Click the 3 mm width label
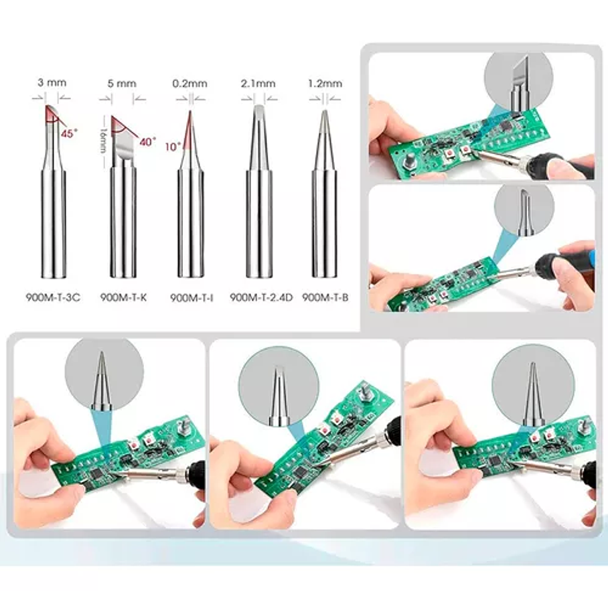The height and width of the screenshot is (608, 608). (52, 83)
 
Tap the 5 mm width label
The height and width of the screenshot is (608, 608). (122, 84)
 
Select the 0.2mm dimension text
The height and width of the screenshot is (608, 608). (189, 84)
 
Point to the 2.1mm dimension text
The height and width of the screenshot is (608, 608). (258, 84)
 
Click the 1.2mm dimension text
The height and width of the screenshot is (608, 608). (325, 84)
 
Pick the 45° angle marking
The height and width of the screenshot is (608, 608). (68, 133)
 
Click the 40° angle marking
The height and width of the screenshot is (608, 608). (147, 142)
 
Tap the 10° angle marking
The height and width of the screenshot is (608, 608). (173, 145)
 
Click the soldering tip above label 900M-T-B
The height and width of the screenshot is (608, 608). (325, 194)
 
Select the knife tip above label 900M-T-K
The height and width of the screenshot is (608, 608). (123, 194)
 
